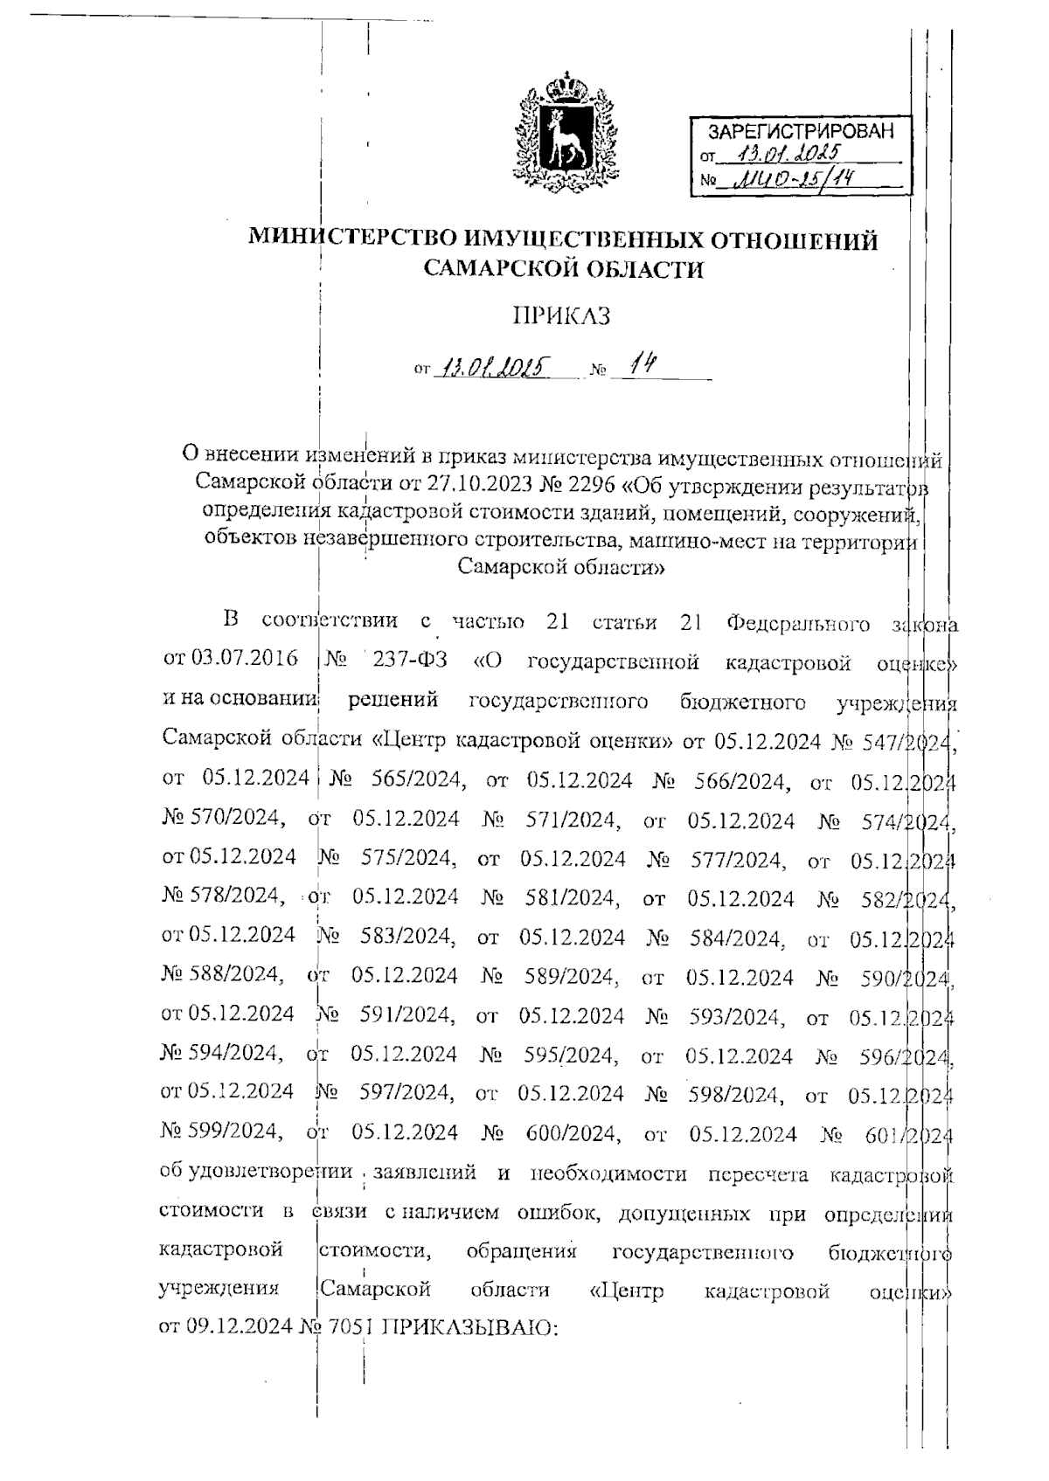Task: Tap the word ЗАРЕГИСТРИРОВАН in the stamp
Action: point(800,133)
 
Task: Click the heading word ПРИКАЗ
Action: point(560,315)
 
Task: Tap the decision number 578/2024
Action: point(223,897)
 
